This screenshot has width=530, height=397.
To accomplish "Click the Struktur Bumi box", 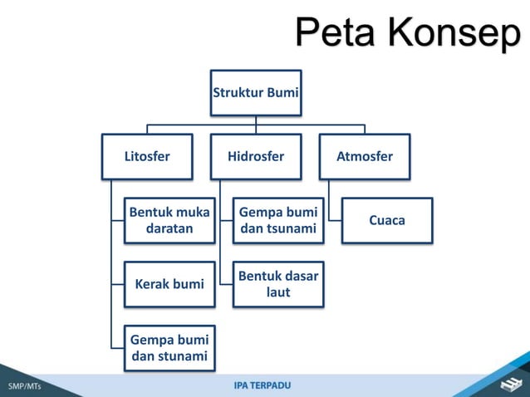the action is coord(256,92).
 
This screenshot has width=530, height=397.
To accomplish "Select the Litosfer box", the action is coord(147,156).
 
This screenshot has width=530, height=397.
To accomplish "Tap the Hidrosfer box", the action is coord(256,156).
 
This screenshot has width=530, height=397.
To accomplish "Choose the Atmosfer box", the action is coord(365,156).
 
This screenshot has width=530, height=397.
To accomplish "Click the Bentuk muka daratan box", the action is coord(169,219).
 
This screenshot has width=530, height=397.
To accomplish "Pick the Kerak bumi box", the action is coord(169,284).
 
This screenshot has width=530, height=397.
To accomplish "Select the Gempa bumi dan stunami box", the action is coord(169,349).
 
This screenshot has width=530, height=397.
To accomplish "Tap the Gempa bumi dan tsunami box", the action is coord(278,219).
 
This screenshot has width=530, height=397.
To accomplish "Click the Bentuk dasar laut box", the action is coord(278,284).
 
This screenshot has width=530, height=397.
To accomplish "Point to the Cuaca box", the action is coord(387,220).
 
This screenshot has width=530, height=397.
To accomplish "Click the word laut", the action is coord(278,293).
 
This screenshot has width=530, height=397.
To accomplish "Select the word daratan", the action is coord(169,228).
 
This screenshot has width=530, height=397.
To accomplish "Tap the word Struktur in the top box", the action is coord(238,92).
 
